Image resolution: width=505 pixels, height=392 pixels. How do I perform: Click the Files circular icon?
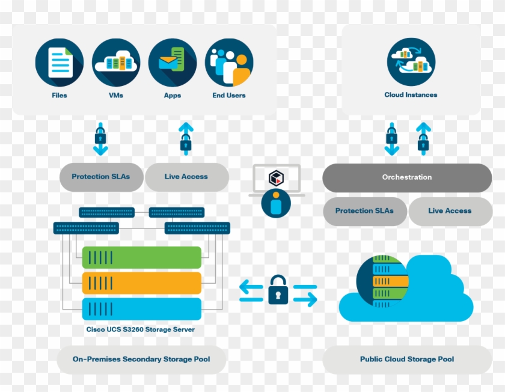point(60,63)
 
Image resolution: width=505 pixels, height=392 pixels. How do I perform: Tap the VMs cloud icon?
point(116,63)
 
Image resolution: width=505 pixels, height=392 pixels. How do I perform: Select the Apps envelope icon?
point(172,63)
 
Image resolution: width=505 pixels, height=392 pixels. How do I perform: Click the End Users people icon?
point(228,63)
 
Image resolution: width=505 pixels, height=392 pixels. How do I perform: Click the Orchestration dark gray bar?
point(407,177)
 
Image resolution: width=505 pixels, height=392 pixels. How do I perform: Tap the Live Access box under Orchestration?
point(450,211)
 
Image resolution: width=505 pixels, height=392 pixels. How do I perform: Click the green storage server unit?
point(141,257)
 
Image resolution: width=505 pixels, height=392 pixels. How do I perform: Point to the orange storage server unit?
point(141,283)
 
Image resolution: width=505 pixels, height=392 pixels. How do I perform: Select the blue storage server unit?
point(141,309)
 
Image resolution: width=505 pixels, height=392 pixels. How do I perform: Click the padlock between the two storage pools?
point(278,290)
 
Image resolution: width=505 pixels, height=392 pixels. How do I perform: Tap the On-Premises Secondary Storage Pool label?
point(141,360)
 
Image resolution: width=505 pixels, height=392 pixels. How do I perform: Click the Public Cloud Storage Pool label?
point(407,360)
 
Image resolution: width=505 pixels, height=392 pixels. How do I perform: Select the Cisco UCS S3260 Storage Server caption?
point(140,329)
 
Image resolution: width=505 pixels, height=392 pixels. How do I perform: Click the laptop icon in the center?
point(276,179)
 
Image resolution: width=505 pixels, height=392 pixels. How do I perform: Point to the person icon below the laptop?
point(276,204)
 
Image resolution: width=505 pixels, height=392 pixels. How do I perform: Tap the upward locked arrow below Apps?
point(186,138)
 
